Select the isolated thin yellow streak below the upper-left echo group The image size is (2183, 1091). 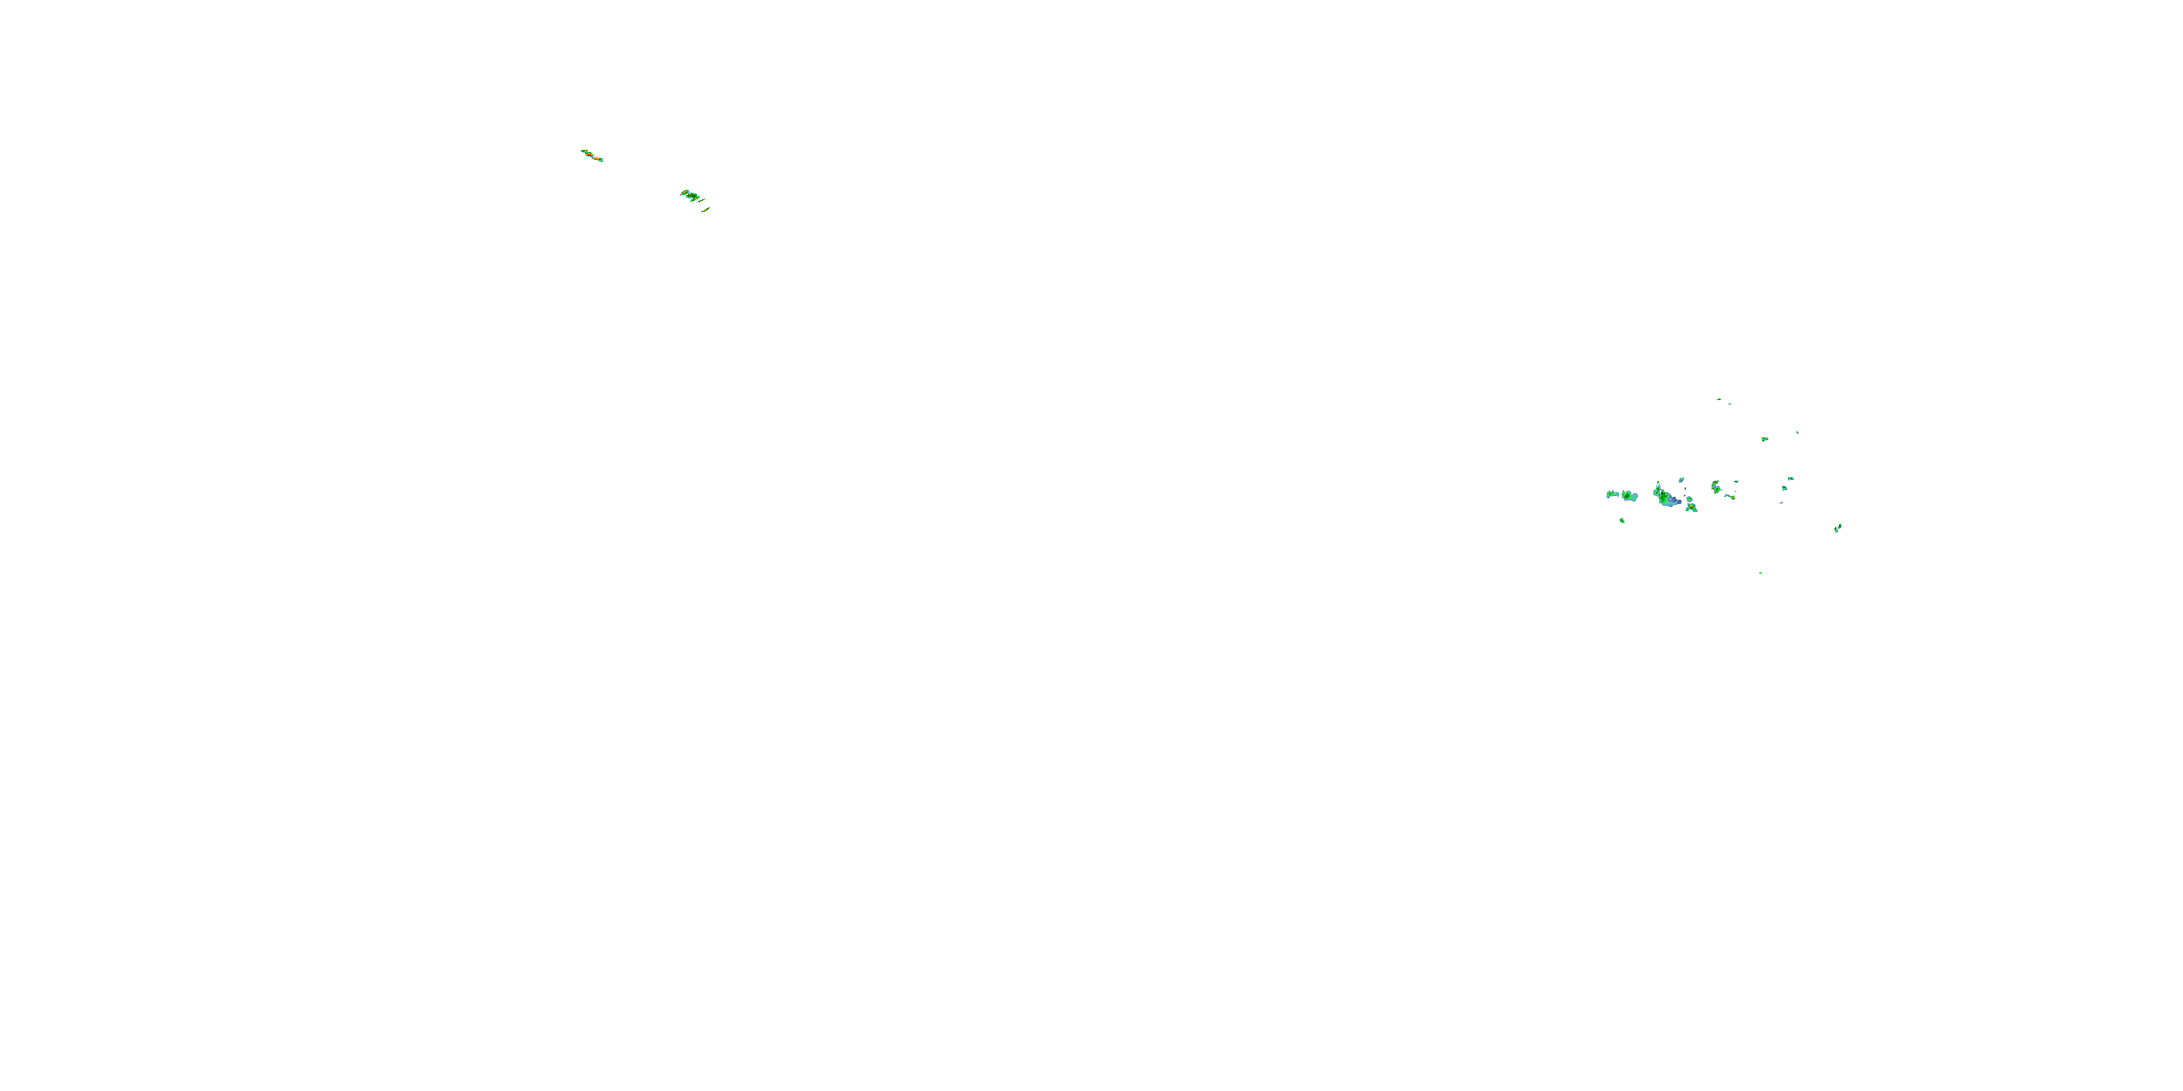(705, 209)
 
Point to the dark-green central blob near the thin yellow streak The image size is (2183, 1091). (691, 196)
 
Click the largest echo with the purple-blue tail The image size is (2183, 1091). (1663, 496)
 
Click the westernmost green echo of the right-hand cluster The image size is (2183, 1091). (1612, 494)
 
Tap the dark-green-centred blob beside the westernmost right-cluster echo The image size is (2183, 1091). (1628, 495)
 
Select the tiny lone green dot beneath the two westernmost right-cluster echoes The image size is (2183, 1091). (1622, 520)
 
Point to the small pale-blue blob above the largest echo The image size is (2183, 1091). (1682, 480)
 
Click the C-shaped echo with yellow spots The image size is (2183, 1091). (1715, 487)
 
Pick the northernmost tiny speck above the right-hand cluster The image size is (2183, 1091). (1719, 399)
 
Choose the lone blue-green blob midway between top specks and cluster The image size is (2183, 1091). (1765, 439)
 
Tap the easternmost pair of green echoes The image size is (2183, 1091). (1837, 529)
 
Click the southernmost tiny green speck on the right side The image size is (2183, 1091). (1760, 572)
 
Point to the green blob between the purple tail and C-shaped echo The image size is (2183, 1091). (1689, 499)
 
